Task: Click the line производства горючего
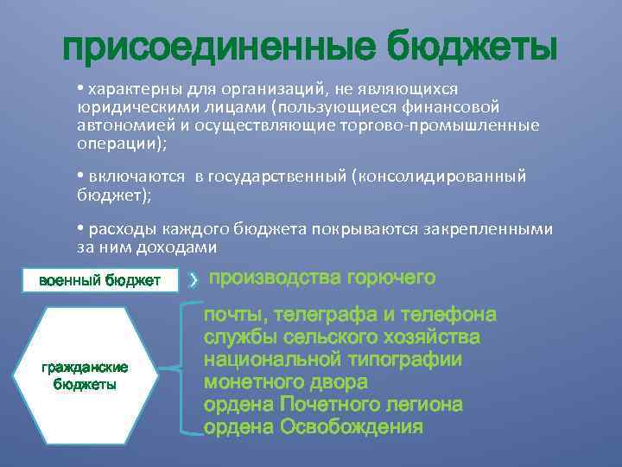321,278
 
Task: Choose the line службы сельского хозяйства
341,337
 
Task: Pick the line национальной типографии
333,360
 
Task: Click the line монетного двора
285,382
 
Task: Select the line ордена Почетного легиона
333,405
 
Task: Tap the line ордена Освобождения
314,427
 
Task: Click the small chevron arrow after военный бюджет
194,279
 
